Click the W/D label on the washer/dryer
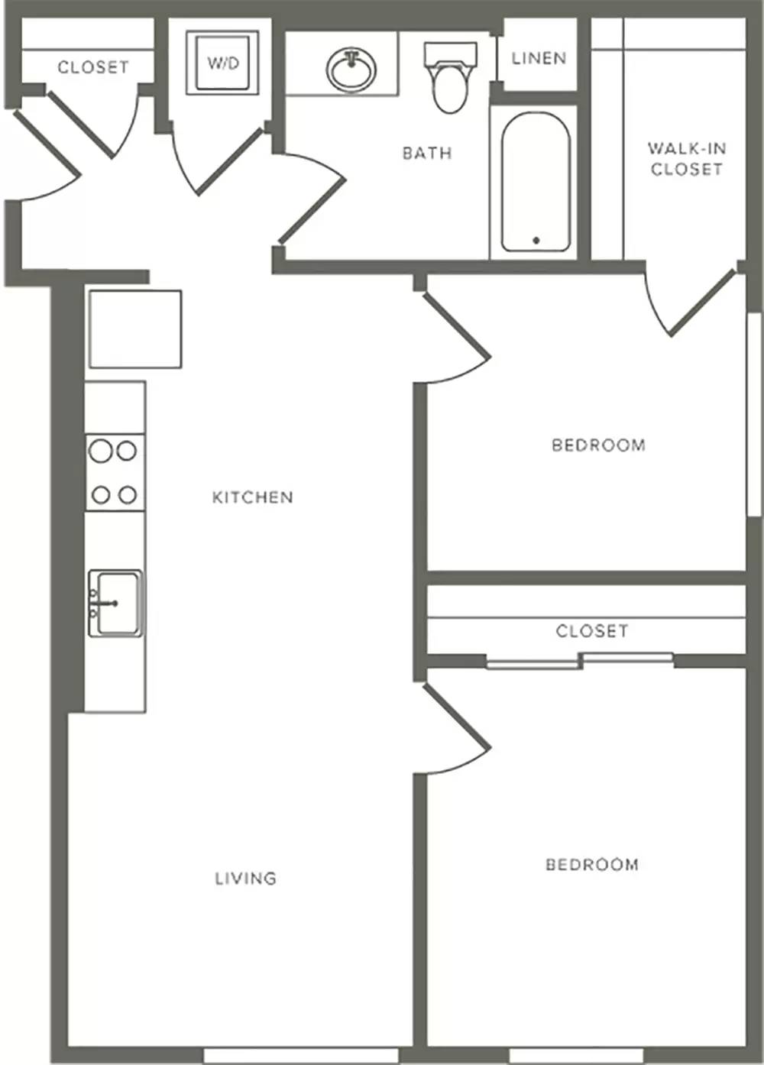(223, 63)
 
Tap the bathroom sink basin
(351, 70)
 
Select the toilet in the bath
(450, 77)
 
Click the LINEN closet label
(539, 58)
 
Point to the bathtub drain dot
(536, 240)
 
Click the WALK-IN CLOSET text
(687, 159)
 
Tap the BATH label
(427, 153)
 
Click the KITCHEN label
(252, 497)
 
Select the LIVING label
(245, 878)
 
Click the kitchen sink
(115, 603)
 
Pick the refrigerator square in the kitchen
(135, 329)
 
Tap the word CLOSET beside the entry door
(92, 67)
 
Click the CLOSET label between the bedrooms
(592, 631)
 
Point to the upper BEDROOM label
(598, 445)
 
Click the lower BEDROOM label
(592, 864)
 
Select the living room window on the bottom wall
(301, 1055)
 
